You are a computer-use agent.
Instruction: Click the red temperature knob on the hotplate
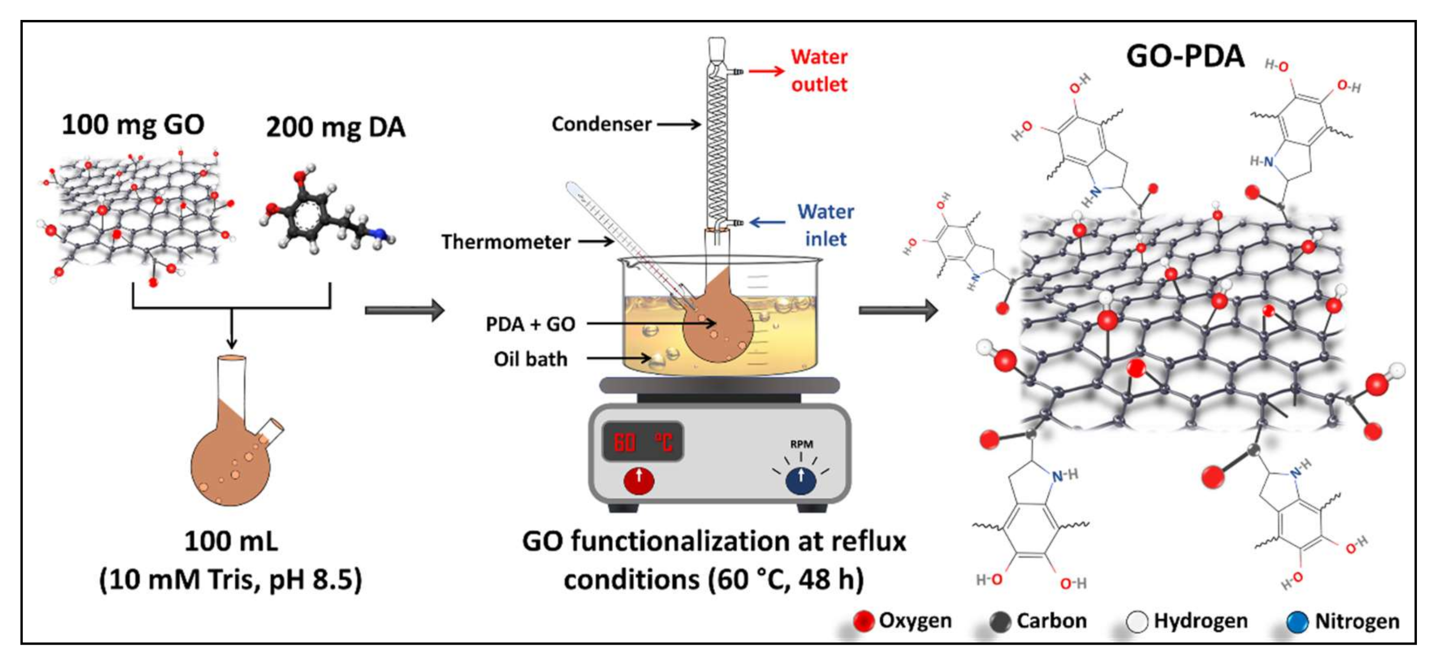click(x=639, y=480)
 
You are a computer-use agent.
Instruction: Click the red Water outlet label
click(x=819, y=70)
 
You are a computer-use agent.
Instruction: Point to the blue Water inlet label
click(x=826, y=225)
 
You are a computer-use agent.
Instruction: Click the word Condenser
click(x=602, y=124)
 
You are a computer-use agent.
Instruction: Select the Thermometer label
click(x=506, y=242)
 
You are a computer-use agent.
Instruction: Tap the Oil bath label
click(x=531, y=359)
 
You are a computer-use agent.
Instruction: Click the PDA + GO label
click(x=530, y=324)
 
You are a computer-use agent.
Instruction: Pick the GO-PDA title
click(x=1185, y=56)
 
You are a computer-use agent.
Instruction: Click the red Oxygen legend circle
click(x=863, y=621)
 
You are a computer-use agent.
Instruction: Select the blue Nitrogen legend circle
click(x=1297, y=621)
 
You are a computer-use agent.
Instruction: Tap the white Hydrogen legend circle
click(x=1137, y=621)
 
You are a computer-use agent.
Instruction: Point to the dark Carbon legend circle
click(x=1000, y=621)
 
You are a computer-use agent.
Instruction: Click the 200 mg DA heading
click(x=336, y=127)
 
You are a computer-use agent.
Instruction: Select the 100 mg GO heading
click(x=133, y=125)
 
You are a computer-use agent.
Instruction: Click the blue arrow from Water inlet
click(x=767, y=222)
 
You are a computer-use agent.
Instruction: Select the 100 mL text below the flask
click(x=230, y=541)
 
